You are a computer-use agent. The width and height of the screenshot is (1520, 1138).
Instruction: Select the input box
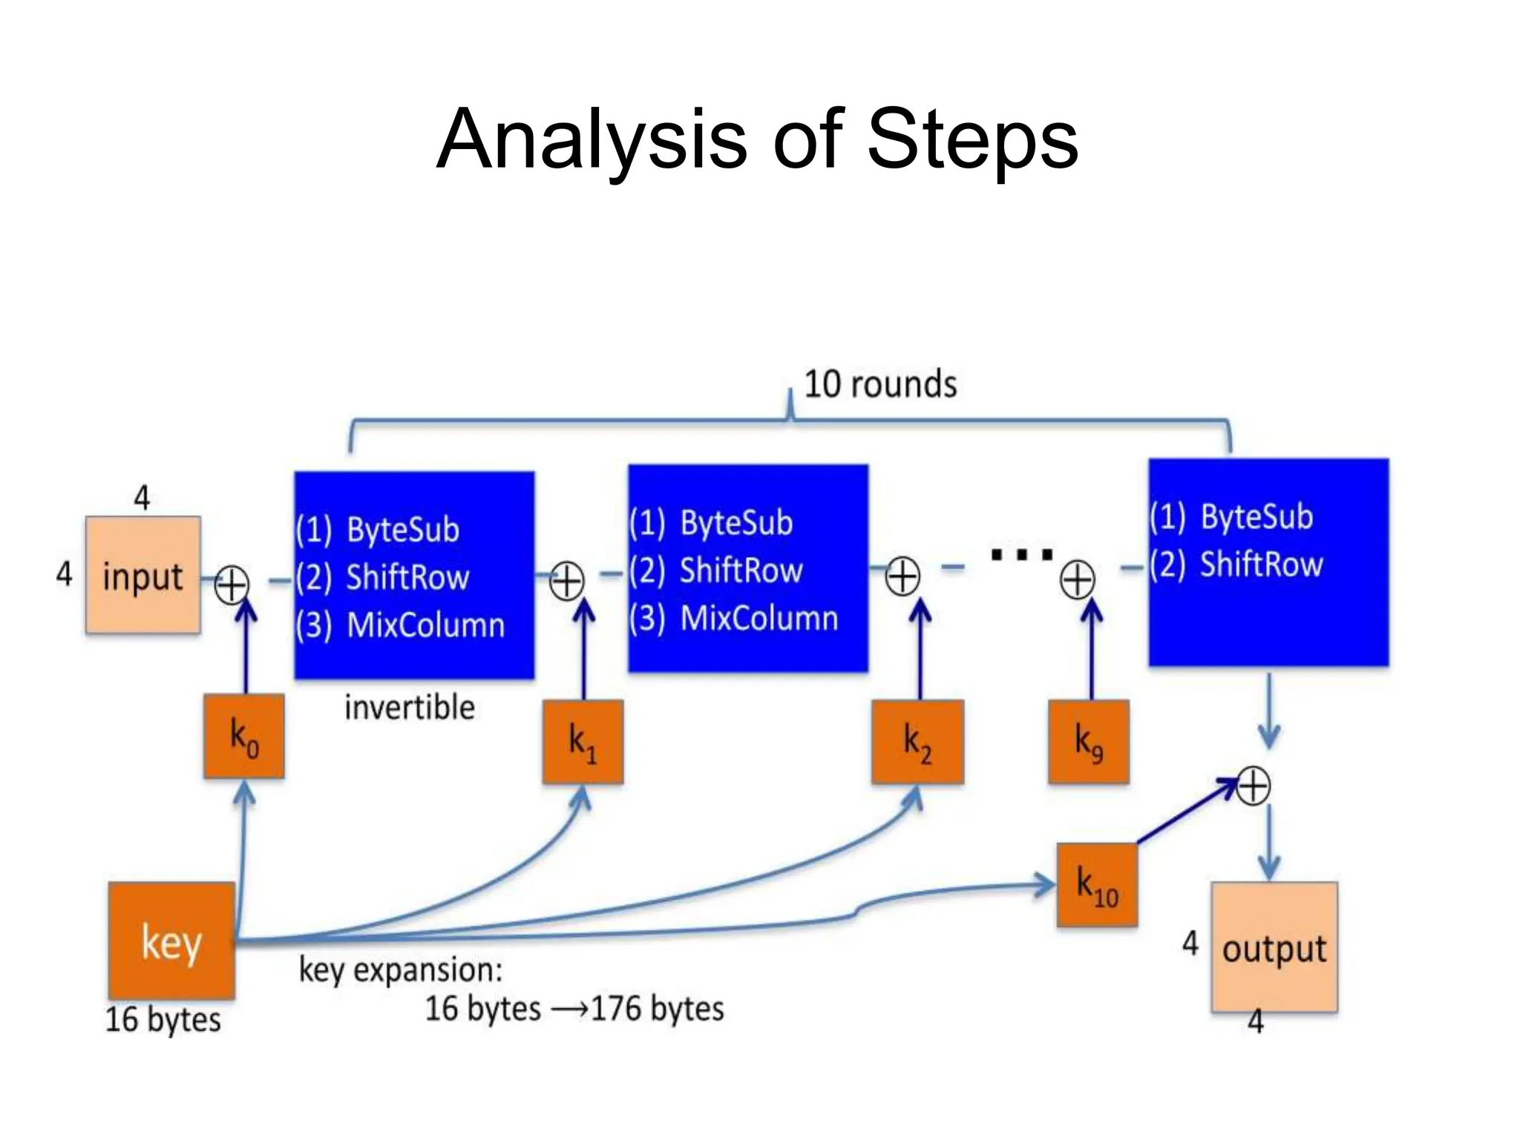[142, 575]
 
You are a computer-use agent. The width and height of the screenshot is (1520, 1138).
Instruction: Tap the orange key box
[171, 940]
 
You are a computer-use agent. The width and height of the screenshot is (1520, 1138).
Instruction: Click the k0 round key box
[244, 737]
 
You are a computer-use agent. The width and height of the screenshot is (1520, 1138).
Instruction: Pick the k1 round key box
[583, 741]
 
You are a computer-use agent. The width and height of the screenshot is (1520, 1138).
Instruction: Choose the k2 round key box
[917, 741]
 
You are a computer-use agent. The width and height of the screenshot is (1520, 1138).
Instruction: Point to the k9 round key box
[1089, 741]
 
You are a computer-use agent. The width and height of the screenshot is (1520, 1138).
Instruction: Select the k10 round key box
[1097, 885]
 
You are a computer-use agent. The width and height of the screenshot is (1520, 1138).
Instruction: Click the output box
[1274, 947]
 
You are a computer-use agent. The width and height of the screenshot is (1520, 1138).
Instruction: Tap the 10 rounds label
[880, 384]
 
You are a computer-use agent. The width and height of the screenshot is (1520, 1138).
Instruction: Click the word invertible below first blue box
[410, 707]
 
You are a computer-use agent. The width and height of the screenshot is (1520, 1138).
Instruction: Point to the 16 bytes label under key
[163, 1019]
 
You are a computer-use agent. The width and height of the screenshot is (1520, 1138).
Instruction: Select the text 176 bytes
[657, 1008]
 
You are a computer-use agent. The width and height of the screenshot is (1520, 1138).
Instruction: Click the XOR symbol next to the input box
[232, 585]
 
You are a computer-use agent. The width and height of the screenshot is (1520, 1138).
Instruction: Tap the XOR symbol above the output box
[1254, 786]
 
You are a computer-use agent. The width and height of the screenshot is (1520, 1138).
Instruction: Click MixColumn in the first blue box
[426, 625]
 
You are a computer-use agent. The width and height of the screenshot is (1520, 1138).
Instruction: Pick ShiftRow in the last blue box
[1262, 565]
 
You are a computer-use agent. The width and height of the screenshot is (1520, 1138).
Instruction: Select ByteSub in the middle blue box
[736, 523]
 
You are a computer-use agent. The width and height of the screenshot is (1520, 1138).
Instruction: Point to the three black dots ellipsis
[1022, 553]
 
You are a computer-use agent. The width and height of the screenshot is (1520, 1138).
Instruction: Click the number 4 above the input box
[142, 497]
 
